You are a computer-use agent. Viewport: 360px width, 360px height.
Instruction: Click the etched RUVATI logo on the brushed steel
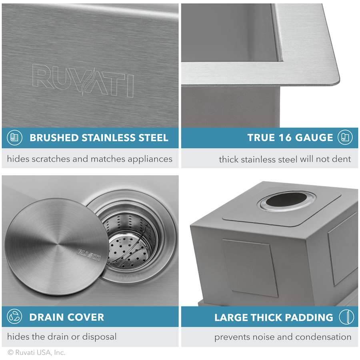click(83, 81)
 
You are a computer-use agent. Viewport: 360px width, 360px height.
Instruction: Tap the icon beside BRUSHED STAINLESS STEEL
click(15, 138)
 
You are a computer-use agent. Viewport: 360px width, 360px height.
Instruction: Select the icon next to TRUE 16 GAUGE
click(345, 138)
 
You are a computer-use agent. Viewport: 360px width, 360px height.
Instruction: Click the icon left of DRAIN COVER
click(15, 317)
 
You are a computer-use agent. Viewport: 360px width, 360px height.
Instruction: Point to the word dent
click(341, 159)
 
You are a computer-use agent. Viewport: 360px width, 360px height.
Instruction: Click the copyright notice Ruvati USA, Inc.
click(36, 352)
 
